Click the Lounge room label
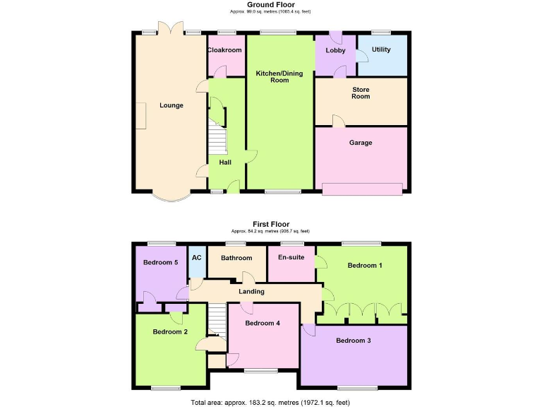coord(171,105)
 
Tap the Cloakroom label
coord(225,50)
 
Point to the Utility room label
coord(381,50)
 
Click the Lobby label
coord(335,51)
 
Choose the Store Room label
coord(361,93)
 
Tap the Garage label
coord(361,143)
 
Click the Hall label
coord(225,163)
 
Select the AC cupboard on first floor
coord(197,257)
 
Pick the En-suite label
coord(291,257)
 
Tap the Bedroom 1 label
coord(366,266)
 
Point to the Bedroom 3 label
coord(354,341)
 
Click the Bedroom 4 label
coord(263,323)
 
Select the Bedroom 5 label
coord(160,262)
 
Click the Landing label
coord(251,291)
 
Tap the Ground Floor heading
coord(270,4)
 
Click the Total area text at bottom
coord(270,401)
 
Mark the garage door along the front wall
coord(363,189)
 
